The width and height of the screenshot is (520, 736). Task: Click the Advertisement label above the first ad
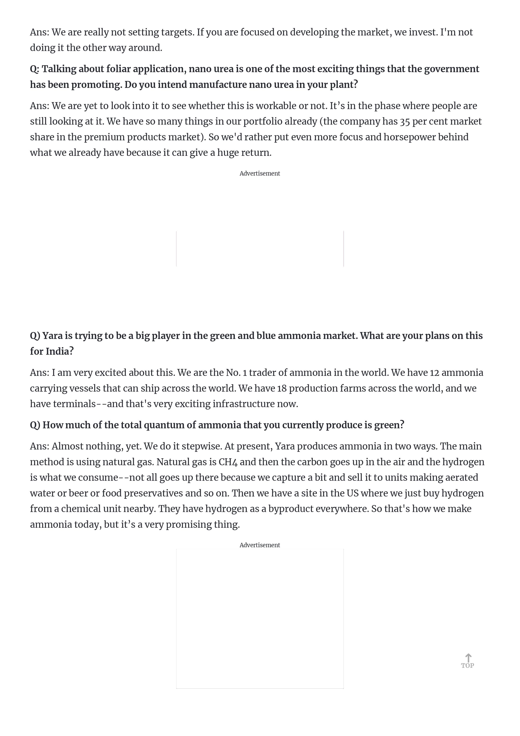click(x=260, y=173)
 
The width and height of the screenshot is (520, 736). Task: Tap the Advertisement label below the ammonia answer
click(x=260, y=545)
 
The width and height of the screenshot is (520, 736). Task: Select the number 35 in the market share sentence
click(x=405, y=121)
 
